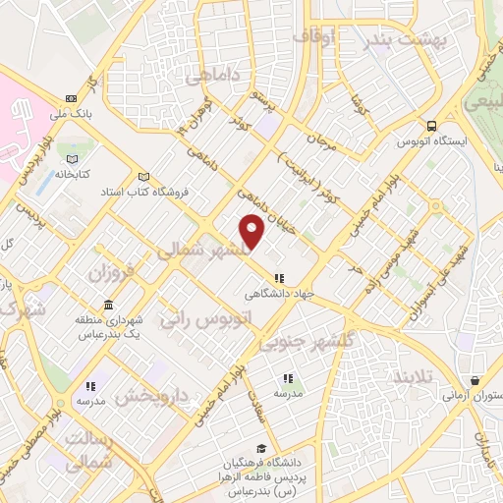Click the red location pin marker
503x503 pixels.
point(252,230)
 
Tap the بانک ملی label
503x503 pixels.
point(73,115)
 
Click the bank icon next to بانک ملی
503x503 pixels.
point(72,98)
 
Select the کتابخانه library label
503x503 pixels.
point(71,172)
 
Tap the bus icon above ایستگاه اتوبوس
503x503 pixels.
point(432,126)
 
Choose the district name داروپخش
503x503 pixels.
point(149,397)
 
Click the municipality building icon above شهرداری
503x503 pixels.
point(79,320)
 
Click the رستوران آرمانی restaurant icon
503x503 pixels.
point(475,380)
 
